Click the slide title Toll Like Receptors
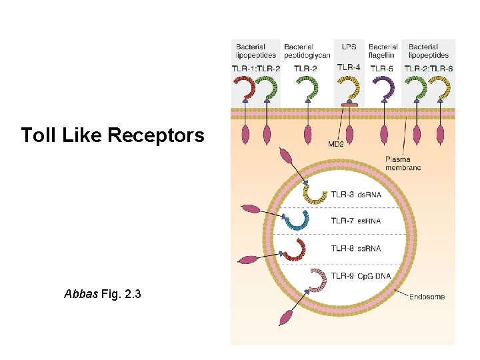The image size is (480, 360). (112, 135)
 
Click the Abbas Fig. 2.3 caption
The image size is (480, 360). (102, 293)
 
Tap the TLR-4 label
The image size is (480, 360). (349, 67)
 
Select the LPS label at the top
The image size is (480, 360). (349, 47)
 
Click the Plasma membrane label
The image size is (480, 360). (403, 163)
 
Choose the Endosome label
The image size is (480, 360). (427, 297)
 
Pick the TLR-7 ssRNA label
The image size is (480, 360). (355, 221)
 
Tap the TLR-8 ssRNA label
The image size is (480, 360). (355, 248)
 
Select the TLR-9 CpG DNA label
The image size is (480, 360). (360, 275)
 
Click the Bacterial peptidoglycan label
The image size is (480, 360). (307, 51)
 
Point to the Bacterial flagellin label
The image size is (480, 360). (383, 51)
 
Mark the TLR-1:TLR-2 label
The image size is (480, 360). (256, 68)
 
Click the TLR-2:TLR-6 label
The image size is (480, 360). (429, 68)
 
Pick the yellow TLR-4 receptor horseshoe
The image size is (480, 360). (349, 87)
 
